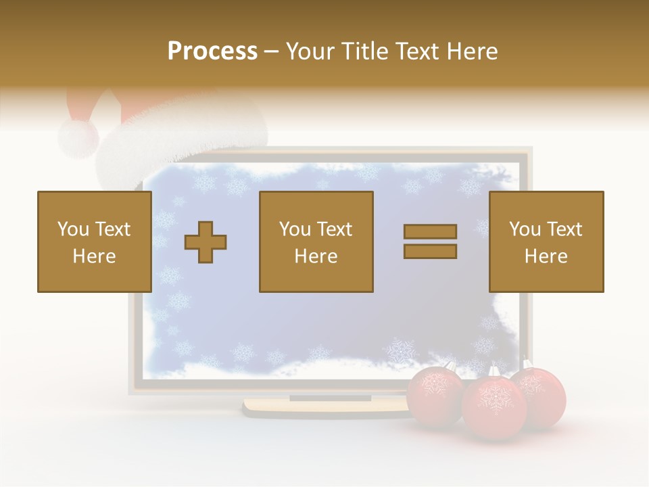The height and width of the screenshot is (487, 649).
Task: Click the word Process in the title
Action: [212, 51]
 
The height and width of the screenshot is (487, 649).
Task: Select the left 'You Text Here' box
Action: [94, 241]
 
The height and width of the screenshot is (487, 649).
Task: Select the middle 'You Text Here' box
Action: [316, 241]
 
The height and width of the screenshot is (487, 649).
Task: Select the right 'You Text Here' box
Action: [546, 241]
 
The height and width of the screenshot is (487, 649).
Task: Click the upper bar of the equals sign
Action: [430, 231]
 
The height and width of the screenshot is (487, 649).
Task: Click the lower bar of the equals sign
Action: [430, 251]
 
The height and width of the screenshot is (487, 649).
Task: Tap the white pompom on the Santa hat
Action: [78, 137]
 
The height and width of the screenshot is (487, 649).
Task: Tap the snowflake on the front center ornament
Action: [495, 399]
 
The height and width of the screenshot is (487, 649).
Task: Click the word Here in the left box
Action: [94, 256]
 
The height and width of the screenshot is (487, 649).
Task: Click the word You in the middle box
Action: [295, 229]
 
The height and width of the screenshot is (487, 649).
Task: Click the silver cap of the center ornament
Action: [494, 372]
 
